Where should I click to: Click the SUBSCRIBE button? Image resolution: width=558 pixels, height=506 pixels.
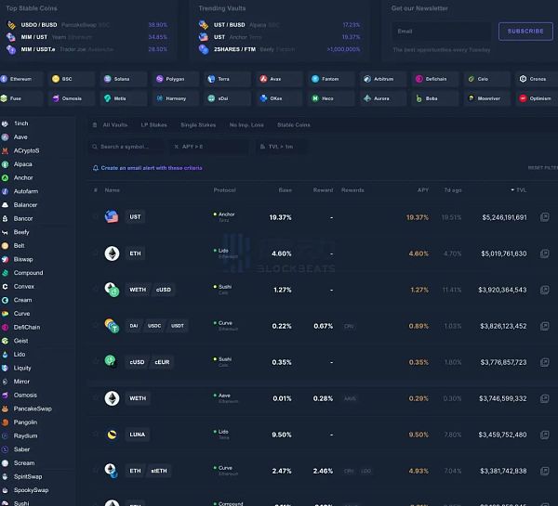(x=525, y=31)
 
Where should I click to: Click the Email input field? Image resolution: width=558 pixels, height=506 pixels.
(x=441, y=31)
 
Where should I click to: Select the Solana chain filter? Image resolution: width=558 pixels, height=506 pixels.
(x=121, y=79)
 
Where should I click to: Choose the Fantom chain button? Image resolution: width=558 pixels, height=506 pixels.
(x=333, y=79)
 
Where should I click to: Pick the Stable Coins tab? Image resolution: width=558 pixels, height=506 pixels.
(x=294, y=124)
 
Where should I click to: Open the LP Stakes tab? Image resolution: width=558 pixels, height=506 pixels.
(x=153, y=124)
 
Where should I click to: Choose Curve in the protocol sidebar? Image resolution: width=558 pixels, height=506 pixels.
(x=22, y=314)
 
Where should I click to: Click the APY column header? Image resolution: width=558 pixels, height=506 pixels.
(x=423, y=189)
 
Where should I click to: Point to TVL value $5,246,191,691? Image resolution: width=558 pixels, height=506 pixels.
(x=504, y=217)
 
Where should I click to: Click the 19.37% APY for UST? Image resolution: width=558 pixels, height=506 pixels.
(x=418, y=217)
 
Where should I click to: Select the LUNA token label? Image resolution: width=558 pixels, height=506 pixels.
(x=138, y=435)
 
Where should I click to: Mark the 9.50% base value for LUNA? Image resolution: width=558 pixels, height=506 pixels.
(x=280, y=435)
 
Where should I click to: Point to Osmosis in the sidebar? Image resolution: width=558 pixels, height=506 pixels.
(x=25, y=395)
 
